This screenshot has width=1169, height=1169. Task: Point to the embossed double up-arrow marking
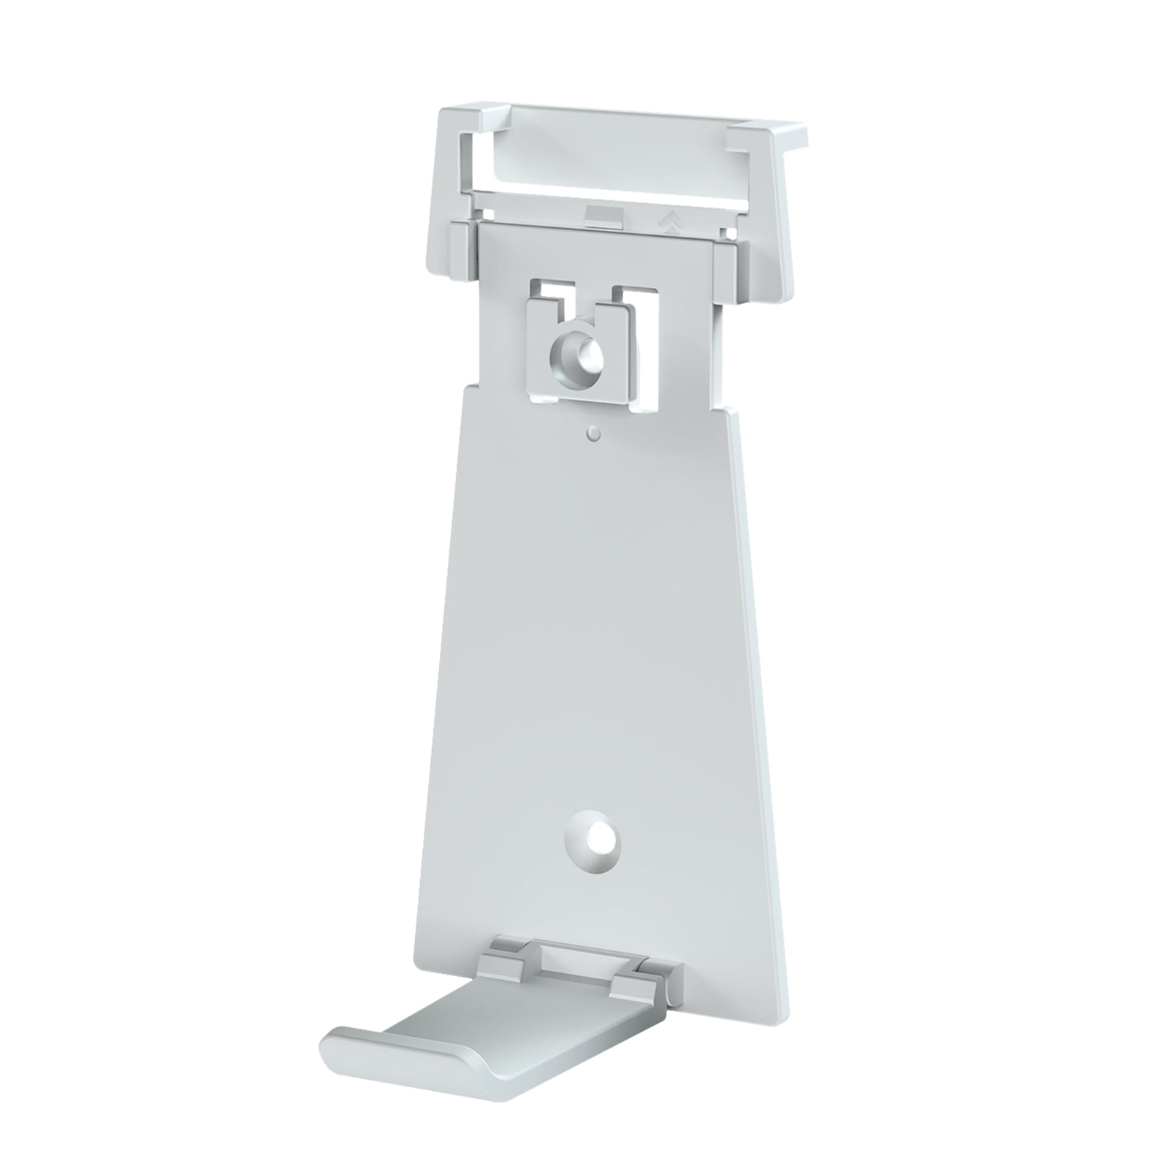coord(666,218)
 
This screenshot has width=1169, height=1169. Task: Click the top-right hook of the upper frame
coord(767,136)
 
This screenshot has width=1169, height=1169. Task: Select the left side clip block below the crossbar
coord(462,249)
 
